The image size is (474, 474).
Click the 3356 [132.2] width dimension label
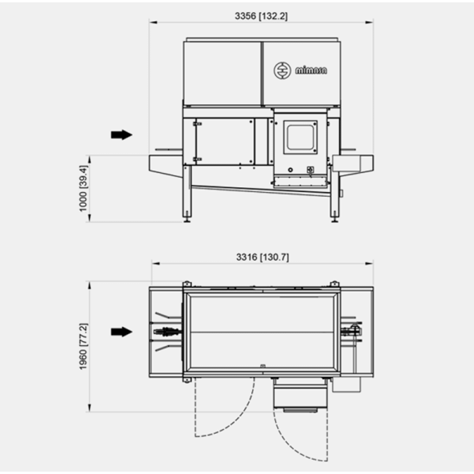click(261, 16)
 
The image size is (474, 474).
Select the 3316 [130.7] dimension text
click(262, 258)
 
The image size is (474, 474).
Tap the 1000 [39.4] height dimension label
click(83, 188)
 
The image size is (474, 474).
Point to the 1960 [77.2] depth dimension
click(83, 347)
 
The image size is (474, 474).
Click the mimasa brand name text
click(311, 70)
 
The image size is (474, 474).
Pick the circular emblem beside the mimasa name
click(282, 71)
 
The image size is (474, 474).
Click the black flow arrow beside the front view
click(122, 134)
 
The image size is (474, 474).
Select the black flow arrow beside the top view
click(122, 332)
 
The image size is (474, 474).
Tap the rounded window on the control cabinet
click(300, 137)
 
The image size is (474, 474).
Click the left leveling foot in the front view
click(187, 218)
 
